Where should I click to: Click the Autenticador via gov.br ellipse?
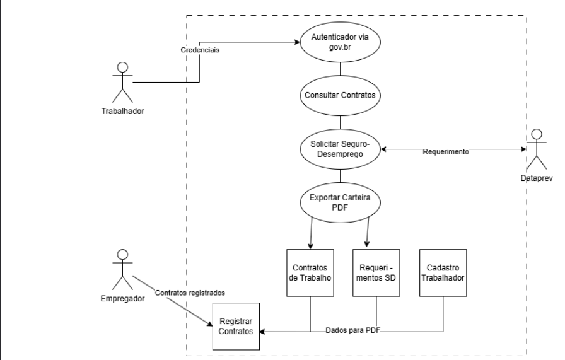[x=341, y=42]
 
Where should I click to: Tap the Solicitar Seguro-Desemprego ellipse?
[x=341, y=150]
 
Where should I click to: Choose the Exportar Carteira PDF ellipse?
[x=341, y=202]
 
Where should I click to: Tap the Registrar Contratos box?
[x=236, y=326]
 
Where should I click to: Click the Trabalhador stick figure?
[x=123, y=82]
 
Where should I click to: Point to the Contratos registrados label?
[x=189, y=293]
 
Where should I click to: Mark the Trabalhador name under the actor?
[x=123, y=112]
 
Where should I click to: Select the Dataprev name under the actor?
[x=537, y=178]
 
